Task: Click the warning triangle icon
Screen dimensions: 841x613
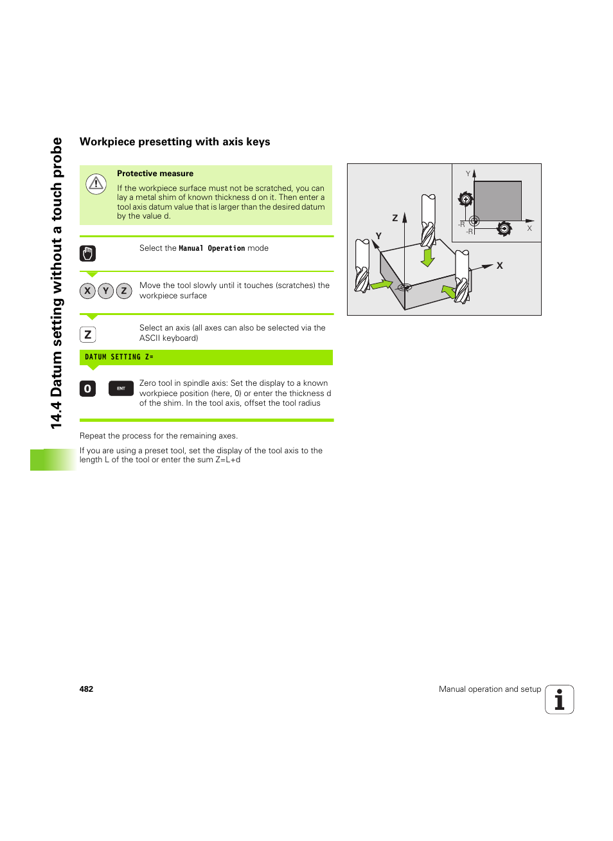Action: [x=96, y=185]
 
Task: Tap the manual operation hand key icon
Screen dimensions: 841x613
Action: [x=87, y=253]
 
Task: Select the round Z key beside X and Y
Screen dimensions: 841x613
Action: [x=124, y=291]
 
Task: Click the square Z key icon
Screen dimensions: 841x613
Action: [x=87, y=334]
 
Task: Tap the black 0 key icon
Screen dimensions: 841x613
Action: [x=87, y=389]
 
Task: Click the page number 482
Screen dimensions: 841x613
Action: [x=86, y=689]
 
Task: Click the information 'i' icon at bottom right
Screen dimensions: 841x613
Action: [x=559, y=700]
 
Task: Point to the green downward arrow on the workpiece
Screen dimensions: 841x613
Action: [x=428, y=257]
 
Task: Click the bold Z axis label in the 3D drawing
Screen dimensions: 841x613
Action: [x=395, y=218]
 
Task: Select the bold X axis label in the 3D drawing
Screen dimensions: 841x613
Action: [x=499, y=266]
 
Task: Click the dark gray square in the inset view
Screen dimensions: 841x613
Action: [x=497, y=201]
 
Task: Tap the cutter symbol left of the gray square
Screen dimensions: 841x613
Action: [x=466, y=199]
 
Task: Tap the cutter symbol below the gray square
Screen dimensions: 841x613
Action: [x=504, y=228]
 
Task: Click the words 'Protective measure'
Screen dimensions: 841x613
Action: [x=155, y=174]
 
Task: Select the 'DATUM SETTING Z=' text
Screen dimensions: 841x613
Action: [x=119, y=357]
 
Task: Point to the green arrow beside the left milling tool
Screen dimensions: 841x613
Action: [x=381, y=284]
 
